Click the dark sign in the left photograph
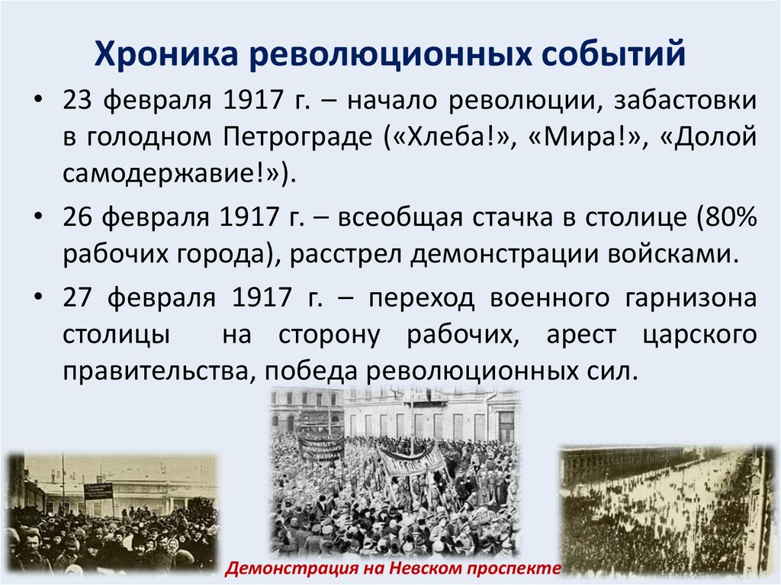pyautogui.click(x=98, y=490)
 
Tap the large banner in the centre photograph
pyautogui.click(x=411, y=461)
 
